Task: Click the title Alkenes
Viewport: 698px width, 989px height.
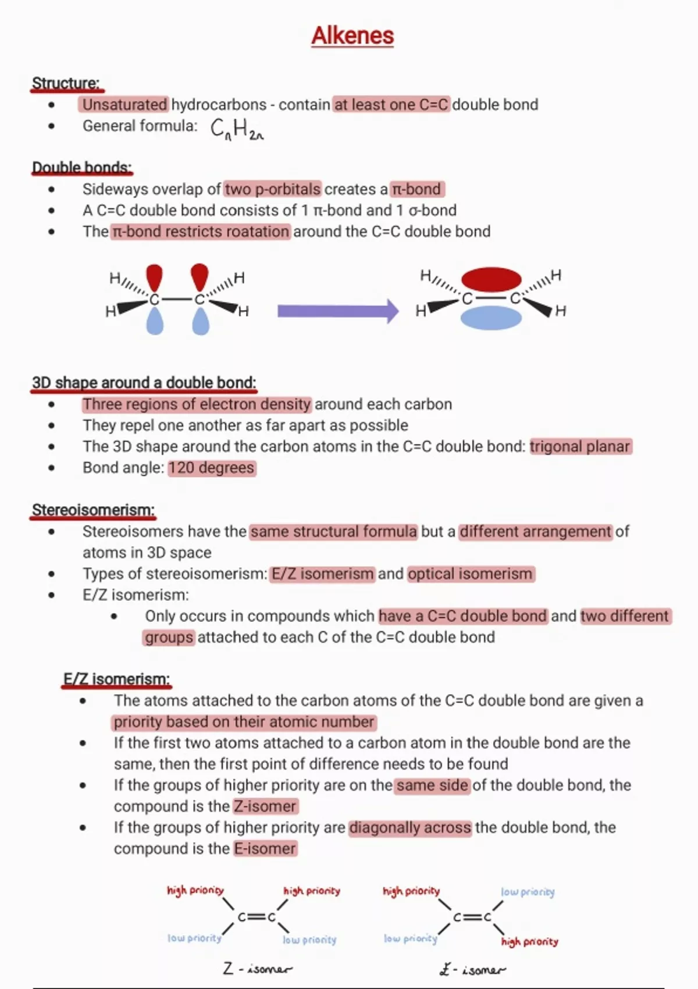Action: pos(352,35)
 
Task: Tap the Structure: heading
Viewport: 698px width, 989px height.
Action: pos(66,83)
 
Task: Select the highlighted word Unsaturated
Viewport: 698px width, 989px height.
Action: pos(124,105)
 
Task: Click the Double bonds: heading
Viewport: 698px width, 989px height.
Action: pos(81,168)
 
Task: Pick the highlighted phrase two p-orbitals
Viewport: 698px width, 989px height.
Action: pos(273,189)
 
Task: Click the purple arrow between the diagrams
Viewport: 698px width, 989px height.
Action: pos(337,311)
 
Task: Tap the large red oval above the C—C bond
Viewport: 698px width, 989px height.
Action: pos(492,279)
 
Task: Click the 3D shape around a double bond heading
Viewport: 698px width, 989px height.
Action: pos(144,383)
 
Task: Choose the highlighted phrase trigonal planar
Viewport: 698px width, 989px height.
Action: pos(580,446)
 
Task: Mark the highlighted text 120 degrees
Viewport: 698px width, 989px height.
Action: pos(212,468)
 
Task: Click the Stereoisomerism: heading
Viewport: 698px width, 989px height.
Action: pos(93,510)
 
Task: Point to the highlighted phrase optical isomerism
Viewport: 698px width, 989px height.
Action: pos(470,574)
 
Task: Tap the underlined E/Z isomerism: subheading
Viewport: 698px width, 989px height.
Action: pos(116,679)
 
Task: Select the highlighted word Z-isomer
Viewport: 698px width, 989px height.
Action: pos(265,806)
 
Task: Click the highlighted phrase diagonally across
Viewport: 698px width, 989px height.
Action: pos(410,827)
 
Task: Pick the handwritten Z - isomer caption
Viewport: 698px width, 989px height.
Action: pos(258,969)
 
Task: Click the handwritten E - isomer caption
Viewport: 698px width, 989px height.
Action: pos(472,969)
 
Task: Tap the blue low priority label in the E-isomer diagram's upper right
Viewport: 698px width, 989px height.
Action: pos(528,892)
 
